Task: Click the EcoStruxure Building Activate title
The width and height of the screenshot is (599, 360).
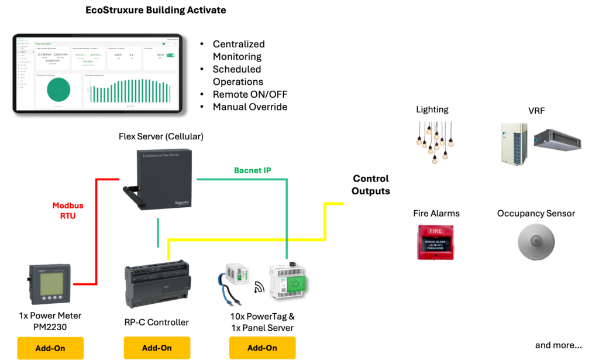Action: pos(156,10)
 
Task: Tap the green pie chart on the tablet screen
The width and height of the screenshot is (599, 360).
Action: pos(58,89)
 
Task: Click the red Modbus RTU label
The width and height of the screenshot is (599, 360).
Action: pos(68,210)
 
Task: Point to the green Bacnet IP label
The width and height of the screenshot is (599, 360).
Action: pos(253,170)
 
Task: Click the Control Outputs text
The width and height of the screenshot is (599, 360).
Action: pos(371,185)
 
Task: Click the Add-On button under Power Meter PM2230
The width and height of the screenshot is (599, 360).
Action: pos(50,348)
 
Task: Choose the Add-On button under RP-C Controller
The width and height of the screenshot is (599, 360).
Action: pos(157,348)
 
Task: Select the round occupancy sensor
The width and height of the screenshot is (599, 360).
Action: pos(536,242)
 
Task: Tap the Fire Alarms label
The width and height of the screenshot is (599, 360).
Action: pos(436,214)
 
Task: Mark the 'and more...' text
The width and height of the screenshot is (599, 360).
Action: pos(558,345)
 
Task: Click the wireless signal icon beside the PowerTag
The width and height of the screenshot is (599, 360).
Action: pos(259,287)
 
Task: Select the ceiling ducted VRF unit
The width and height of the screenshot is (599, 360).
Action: pos(557,139)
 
